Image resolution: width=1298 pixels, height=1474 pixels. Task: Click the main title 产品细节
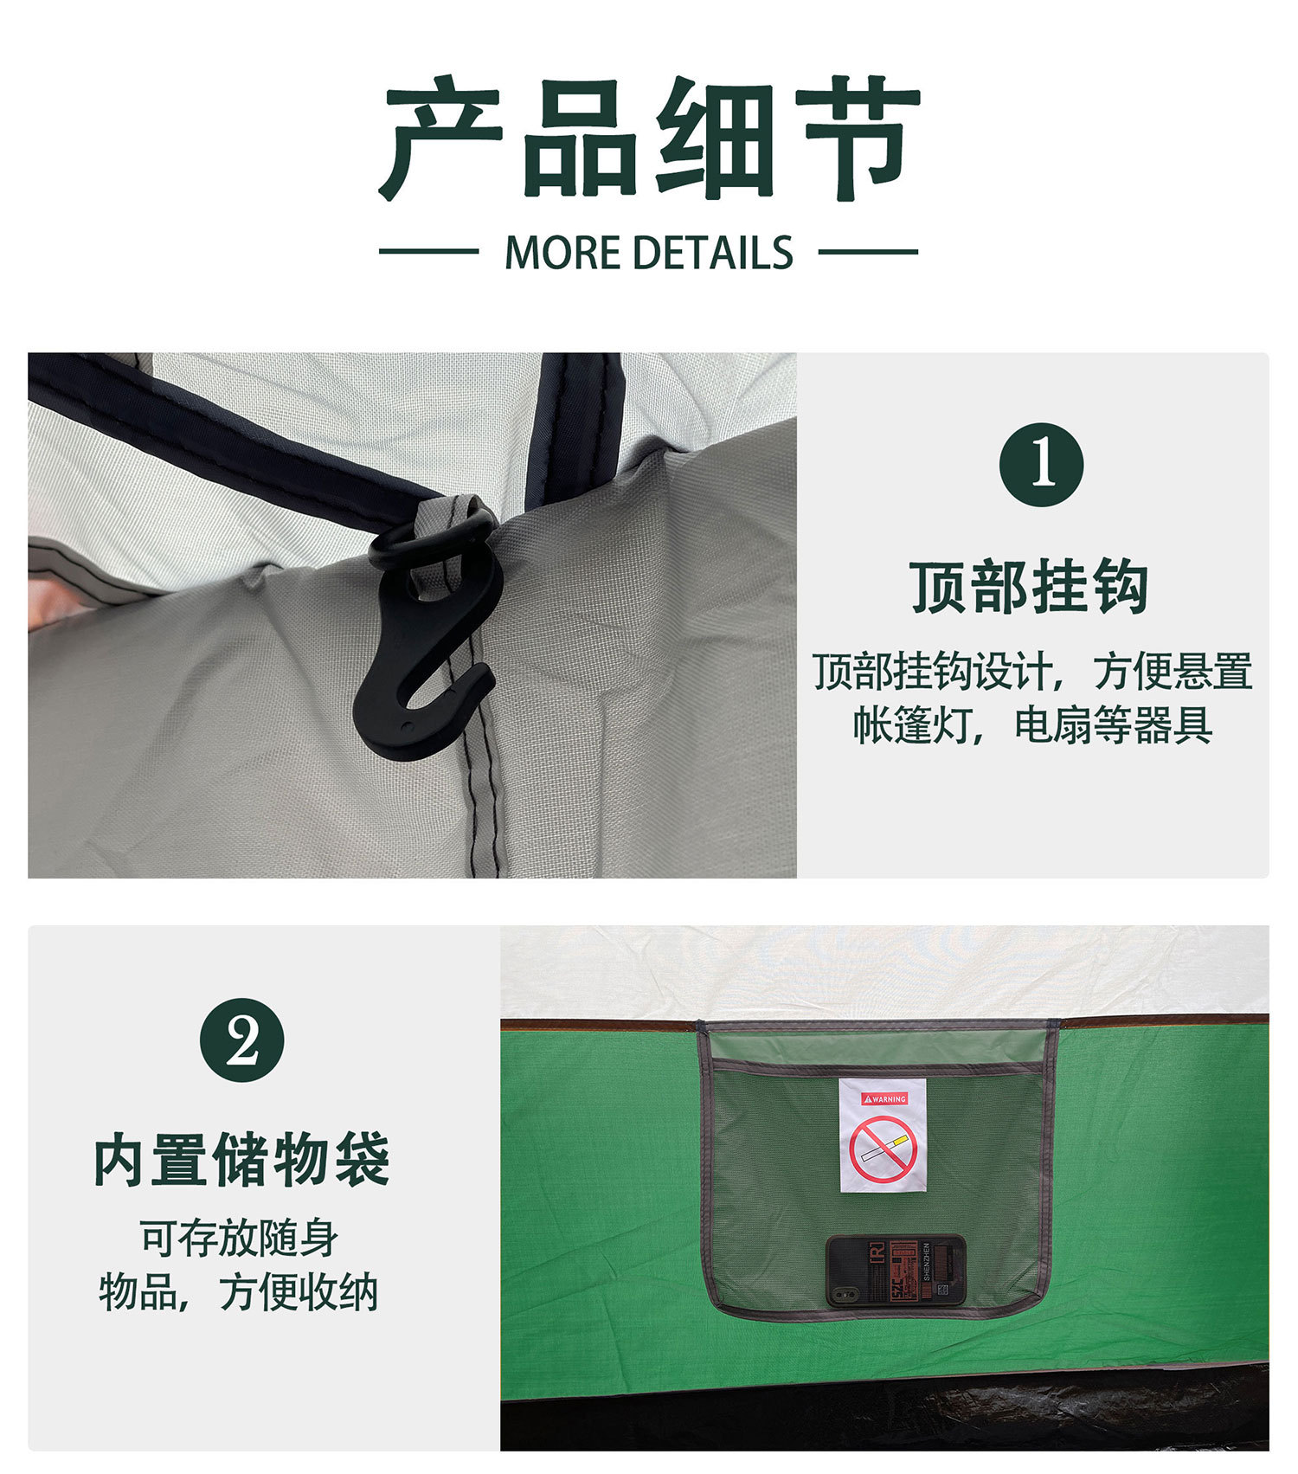point(649,138)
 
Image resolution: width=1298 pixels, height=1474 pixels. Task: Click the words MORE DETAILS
point(648,253)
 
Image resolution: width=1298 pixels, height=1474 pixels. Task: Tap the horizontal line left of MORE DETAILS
point(428,252)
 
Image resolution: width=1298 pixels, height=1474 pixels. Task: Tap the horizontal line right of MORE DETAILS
point(868,252)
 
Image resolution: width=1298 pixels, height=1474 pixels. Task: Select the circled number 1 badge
point(1041,465)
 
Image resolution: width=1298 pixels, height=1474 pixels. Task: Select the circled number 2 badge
point(241,1040)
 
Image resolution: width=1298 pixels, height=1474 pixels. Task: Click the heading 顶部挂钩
point(1029,587)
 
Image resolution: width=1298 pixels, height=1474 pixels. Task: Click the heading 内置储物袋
point(241,1160)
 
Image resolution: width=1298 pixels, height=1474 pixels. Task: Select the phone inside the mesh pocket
point(896,1271)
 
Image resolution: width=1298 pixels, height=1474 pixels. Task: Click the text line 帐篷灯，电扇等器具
point(1031,724)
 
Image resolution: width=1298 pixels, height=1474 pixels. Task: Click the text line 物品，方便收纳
point(239,1292)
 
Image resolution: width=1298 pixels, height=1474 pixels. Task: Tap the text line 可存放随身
point(239,1238)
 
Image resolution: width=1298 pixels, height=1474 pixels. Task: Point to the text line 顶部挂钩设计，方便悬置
point(1031,671)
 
